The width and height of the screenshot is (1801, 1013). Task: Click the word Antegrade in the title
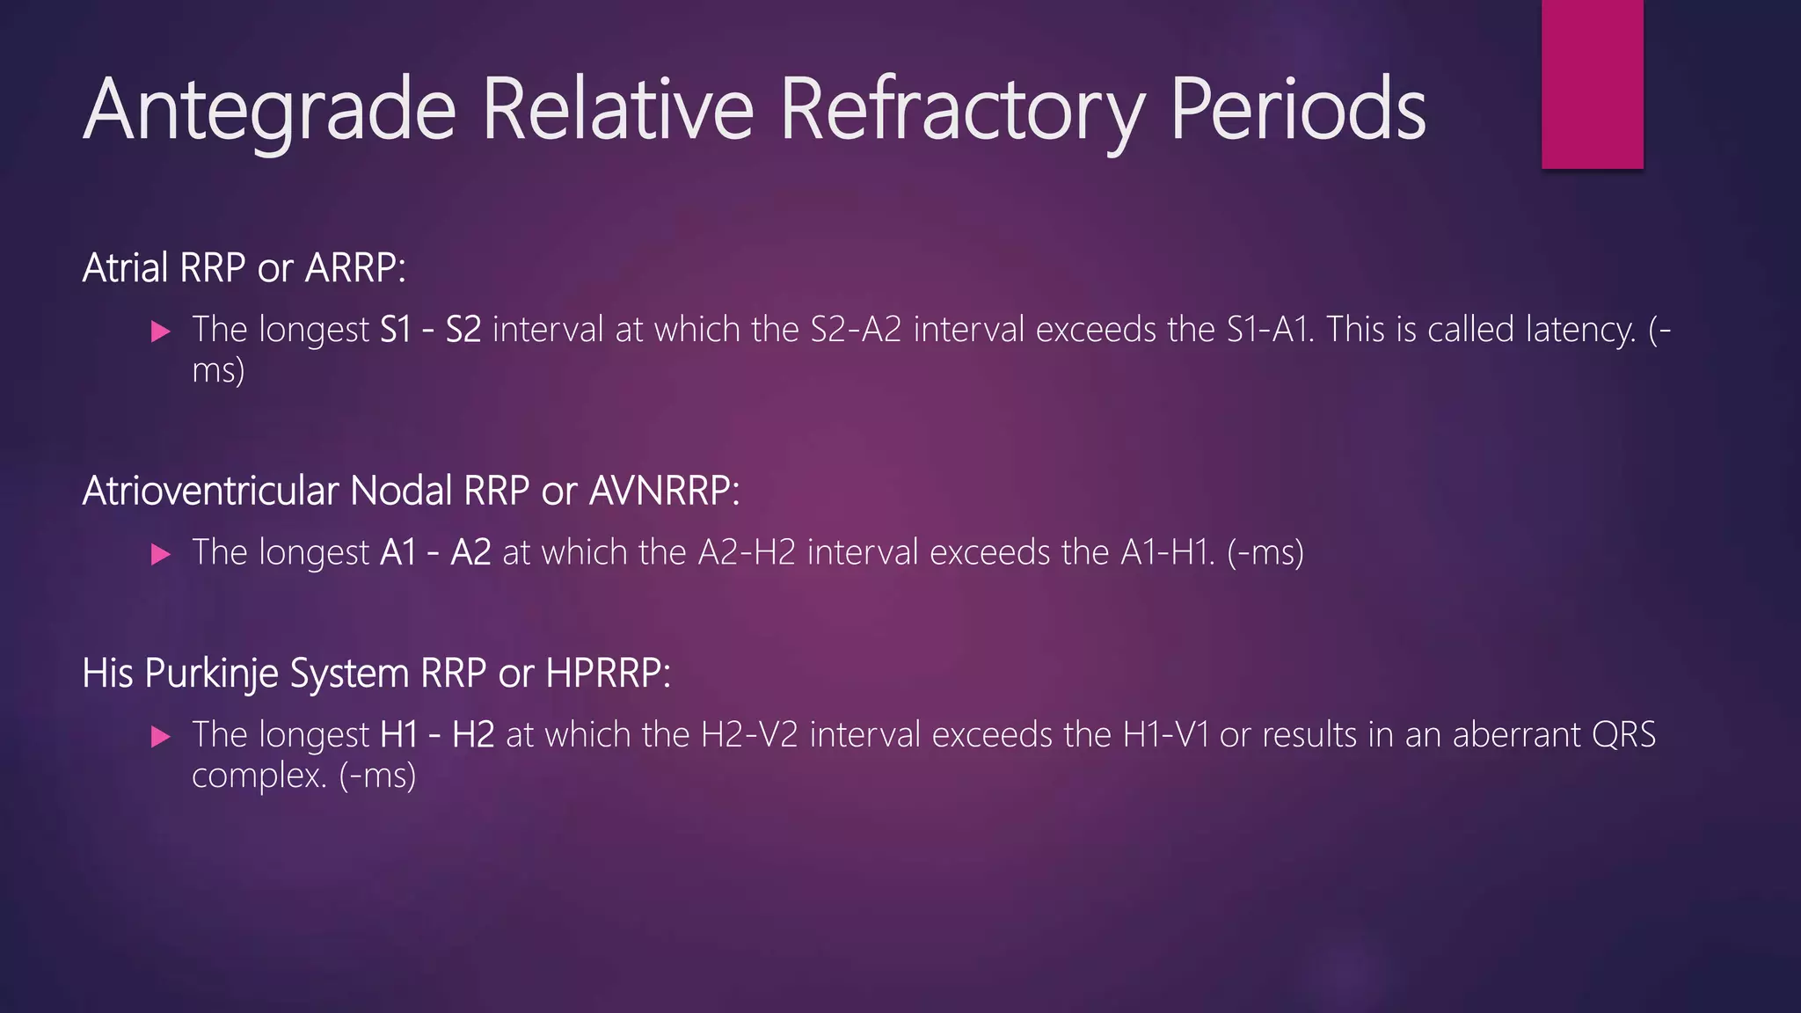[x=269, y=110]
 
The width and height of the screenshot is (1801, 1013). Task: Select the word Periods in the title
[x=1297, y=110]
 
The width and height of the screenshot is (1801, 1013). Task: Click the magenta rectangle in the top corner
[x=1592, y=84]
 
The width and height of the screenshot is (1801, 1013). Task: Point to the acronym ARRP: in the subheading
[x=355, y=268]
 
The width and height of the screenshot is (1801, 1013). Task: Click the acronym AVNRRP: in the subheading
[x=664, y=491]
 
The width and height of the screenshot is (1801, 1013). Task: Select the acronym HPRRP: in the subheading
[x=608, y=674]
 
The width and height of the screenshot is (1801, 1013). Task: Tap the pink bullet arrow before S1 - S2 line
[x=160, y=332]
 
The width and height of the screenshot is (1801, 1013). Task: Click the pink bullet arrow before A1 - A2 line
[x=160, y=554]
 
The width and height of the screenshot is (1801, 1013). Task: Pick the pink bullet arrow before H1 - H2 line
[x=160, y=736]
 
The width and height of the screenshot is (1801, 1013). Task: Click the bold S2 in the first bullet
[x=463, y=330]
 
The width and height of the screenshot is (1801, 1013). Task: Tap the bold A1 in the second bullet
[x=398, y=552]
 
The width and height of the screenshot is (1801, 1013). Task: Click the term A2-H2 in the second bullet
[x=747, y=552]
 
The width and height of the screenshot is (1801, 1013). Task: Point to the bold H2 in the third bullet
[x=473, y=734]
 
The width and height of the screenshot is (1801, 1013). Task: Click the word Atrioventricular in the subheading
[x=210, y=491]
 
